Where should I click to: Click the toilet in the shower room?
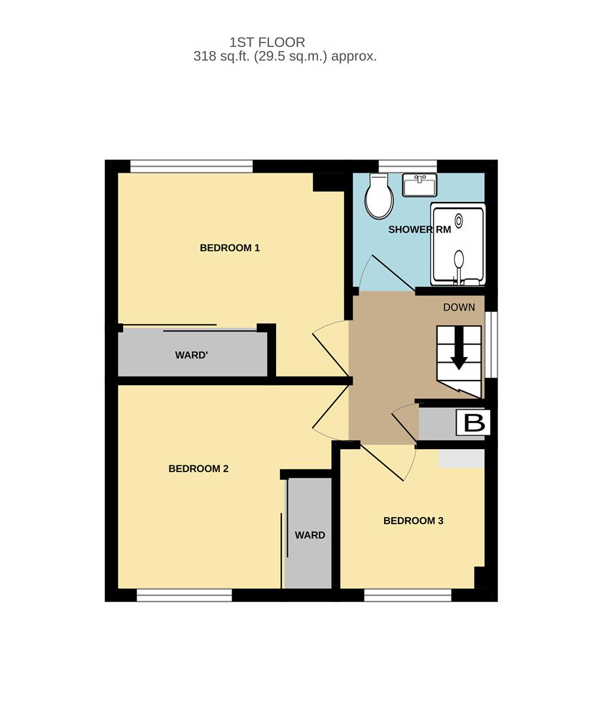click(379, 196)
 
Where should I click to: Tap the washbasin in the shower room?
click(419, 185)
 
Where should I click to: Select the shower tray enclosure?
click(458, 244)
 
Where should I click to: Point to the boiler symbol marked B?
click(473, 422)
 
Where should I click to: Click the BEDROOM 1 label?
click(230, 248)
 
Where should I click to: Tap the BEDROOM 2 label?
click(198, 469)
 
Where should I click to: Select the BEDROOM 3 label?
click(413, 521)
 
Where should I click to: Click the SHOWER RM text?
click(419, 229)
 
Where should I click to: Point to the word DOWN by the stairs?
click(459, 307)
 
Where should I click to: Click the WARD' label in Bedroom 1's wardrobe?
click(191, 355)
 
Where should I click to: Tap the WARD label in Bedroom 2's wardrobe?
click(310, 535)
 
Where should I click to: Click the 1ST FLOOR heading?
click(267, 42)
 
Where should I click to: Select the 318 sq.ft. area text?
click(222, 56)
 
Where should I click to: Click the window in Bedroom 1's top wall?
click(192, 166)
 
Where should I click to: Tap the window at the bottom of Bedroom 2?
click(185, 596)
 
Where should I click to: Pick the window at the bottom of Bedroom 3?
click(408, 596)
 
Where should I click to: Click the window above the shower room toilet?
click(408, 166)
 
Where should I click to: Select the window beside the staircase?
click(491, 344)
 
